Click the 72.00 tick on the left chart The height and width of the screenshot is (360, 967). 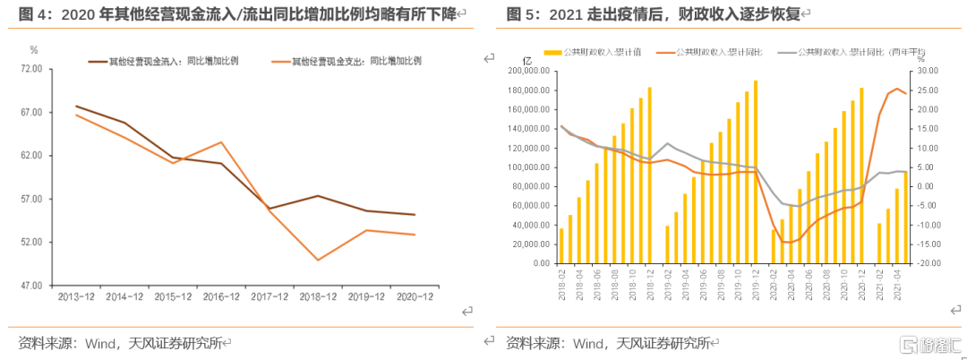(x=30, y=68)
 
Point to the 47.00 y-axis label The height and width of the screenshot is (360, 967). (x=30, y=286)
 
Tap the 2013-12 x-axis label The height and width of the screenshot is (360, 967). (x=76, y=296)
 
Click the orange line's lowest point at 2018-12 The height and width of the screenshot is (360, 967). (x=318, y=260)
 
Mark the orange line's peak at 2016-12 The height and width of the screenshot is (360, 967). (x=221, y=142)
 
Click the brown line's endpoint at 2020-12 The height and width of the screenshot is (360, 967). (x=415, y=215)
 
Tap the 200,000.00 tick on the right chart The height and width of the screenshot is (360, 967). (x=526, y=71)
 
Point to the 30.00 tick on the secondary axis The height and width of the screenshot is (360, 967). (x=928, y=71)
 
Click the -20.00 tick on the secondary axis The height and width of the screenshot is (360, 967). (x=928, y=264)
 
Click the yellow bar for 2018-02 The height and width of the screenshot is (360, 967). (x=561, y=246)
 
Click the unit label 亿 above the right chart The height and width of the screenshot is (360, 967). (x=526, y=58)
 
